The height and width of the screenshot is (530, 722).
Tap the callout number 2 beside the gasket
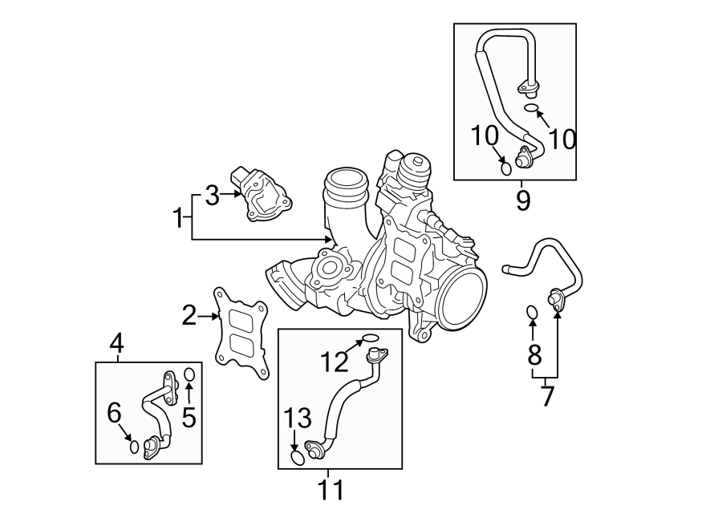point(189,316)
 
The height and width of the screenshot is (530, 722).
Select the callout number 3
point(212,195)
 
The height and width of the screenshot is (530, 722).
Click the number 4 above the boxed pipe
point(117,344)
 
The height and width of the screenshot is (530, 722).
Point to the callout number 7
point(547,395)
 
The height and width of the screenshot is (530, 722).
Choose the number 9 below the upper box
point(523,199)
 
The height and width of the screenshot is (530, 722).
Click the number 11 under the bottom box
point(331,488)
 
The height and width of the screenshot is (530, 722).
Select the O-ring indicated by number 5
point(189,374)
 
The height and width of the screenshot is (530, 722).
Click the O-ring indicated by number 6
point(135,446)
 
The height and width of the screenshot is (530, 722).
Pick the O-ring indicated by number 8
point(532,311)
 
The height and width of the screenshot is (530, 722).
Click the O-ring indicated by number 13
point(297,457)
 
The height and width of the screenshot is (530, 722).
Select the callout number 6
point(114,413)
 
